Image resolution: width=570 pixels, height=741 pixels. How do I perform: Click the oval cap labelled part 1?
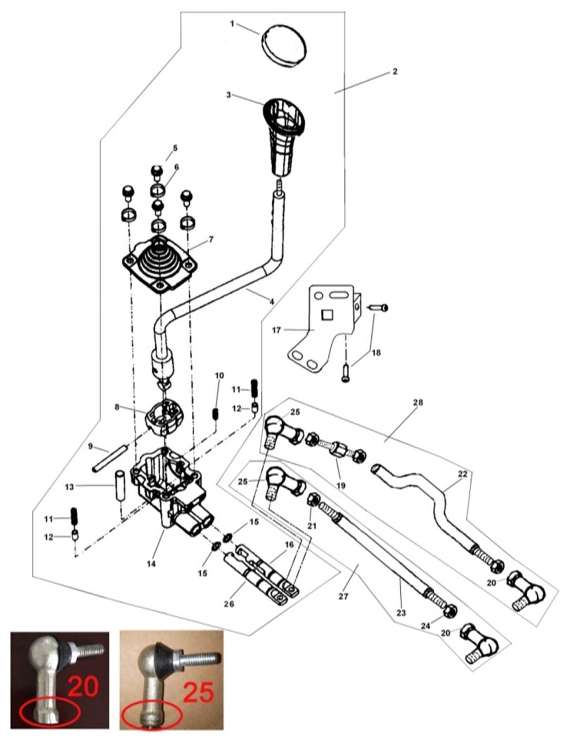click(x=284, y=43)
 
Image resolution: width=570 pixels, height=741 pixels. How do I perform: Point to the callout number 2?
click(x=395, y=72)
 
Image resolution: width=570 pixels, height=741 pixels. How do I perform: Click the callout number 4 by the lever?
click(x=272, y=302)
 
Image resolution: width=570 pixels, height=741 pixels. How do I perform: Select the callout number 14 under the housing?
click(x=151, y=564)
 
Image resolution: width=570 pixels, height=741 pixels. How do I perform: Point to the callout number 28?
click(x=418, y=402)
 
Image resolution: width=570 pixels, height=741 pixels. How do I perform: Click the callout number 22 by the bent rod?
click(x=463, y=474)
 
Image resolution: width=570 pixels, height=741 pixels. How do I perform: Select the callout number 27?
click(x=343, y=596)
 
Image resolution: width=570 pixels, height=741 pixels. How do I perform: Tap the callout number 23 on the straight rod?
click(x=401, y=613)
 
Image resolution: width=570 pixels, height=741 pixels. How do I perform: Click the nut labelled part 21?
click(x=313, y=499)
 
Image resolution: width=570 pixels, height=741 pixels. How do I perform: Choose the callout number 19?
click(x=341, y=485)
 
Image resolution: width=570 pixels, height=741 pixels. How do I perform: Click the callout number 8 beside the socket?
click(x=117, y=407)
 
